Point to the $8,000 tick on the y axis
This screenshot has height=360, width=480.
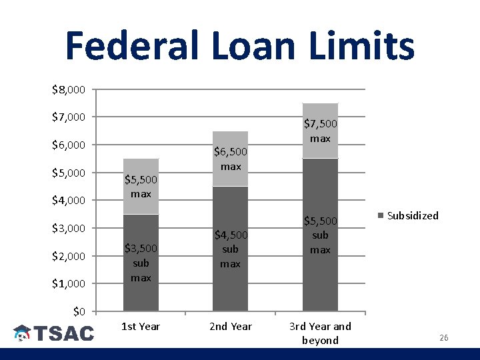tap(68, 89)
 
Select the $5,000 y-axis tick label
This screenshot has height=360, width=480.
tap(68, 173)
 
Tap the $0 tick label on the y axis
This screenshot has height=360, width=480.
tap(79, 311)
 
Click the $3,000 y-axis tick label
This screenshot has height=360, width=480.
tap(68, 228)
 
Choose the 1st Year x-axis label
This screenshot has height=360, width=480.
tap(141, 327)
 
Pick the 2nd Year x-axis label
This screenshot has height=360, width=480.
tap(231, 327)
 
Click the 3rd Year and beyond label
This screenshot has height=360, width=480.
tap(320, 333)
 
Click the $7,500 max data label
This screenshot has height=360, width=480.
tap(320, 131)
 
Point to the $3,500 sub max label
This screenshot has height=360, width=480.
tap(141, 263)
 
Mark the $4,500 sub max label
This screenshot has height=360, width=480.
tap(231, 249)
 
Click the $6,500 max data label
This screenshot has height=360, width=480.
tap(231, 159)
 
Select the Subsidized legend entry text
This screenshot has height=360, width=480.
tap(413, 215)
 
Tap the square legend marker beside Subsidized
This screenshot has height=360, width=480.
tap(381, 216)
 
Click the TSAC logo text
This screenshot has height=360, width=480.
tap(64, 333)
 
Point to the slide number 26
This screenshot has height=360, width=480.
tap(443, 338)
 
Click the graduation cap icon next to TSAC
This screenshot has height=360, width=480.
tap(23, 333)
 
